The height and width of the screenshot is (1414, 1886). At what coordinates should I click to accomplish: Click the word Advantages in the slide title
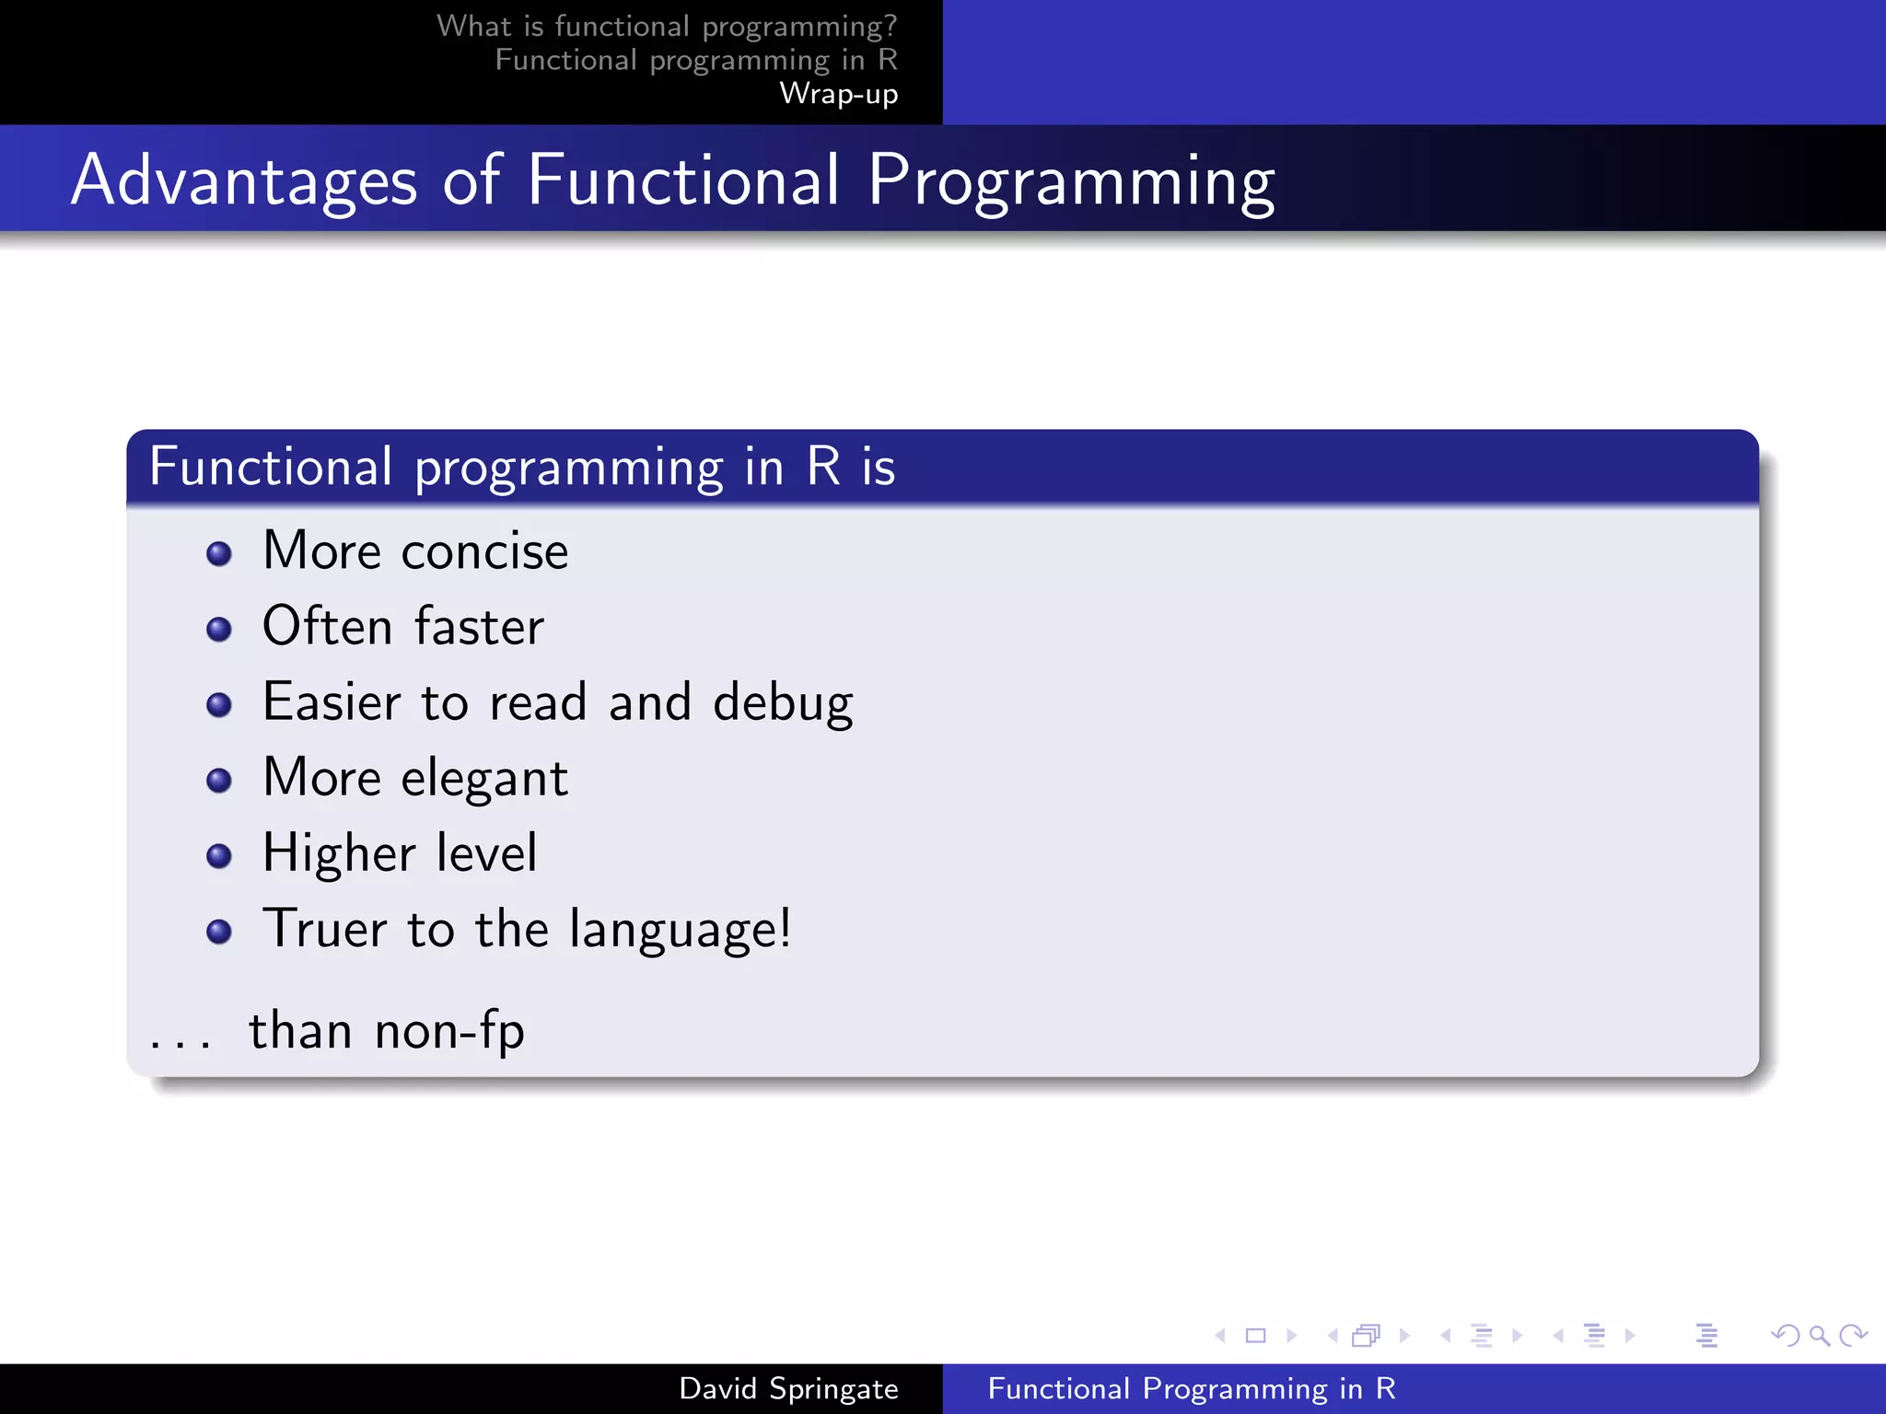244,180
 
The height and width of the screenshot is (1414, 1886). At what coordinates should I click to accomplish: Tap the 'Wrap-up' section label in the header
838,94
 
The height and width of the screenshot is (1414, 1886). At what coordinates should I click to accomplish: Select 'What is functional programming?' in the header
666,26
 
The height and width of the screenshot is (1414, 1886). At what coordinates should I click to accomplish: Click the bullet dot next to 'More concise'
219,553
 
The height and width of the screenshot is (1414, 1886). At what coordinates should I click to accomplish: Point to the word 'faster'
479,627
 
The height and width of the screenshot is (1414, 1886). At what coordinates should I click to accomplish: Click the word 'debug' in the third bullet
783,703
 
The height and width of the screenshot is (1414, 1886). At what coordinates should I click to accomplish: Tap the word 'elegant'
484,779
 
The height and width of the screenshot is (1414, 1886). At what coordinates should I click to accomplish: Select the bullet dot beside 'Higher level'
219,856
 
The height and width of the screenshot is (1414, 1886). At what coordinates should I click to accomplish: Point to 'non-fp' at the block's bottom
449,1031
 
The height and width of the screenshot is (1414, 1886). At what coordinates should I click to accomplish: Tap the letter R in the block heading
823,467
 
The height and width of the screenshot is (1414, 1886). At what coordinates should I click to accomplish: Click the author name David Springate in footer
788,1388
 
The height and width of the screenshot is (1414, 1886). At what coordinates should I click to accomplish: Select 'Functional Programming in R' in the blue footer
1192,1388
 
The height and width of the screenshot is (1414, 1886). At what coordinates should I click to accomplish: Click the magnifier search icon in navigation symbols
1819,1335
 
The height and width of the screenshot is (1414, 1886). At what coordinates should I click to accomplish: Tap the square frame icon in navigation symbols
1255,1335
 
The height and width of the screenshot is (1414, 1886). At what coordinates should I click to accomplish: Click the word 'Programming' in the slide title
1071,180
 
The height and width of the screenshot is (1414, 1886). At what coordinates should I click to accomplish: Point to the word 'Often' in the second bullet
328,627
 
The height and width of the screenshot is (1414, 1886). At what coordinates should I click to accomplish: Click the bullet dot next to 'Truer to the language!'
219,932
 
